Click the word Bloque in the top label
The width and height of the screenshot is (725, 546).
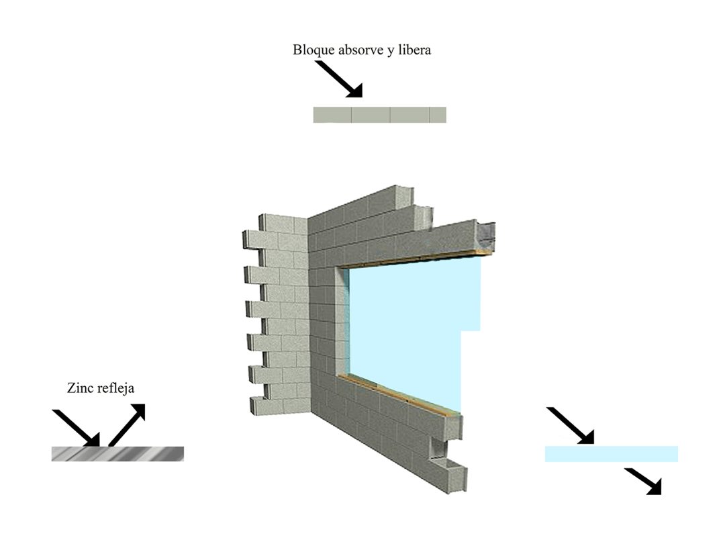(312, 50)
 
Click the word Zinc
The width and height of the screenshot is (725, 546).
(80, 388)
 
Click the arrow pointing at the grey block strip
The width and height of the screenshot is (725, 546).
(339, 79)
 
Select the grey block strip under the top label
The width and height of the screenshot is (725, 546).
(379, 115)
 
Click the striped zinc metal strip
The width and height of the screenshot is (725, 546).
(117, 454)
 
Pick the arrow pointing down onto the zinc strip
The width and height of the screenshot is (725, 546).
(76, 428)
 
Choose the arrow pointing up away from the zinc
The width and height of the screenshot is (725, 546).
(128, 424)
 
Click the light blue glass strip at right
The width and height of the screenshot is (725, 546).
(611, 454)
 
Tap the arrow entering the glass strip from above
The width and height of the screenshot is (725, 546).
(571, 425)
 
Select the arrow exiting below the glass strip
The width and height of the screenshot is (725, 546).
(643, 481)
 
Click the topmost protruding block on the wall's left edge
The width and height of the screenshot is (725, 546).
(254, 238)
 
